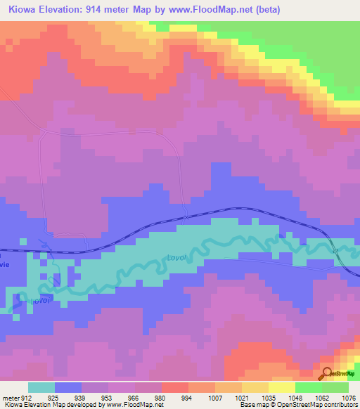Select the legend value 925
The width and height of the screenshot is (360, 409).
(54, 397)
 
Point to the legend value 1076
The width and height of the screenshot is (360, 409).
(348, 397)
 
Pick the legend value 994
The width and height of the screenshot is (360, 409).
(188, 397)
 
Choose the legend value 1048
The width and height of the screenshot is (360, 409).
(295, 397)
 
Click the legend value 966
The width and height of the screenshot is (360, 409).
(134, 397)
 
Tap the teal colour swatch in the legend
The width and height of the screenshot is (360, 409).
(41, 387)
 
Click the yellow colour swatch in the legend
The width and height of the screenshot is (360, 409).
(282, 387)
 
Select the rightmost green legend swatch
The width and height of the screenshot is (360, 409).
(335, 387)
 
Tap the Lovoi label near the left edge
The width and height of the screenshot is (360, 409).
(41, 300)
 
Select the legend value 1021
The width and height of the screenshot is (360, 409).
(241, 397)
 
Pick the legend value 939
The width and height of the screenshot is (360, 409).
(81, 397)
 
